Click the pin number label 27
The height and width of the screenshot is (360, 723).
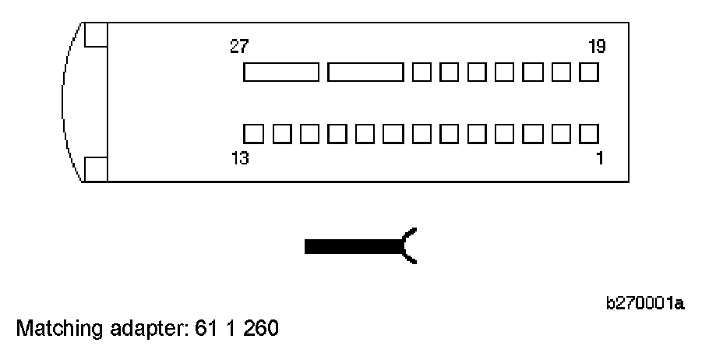point(239,48)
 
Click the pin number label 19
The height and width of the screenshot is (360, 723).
point(597,48)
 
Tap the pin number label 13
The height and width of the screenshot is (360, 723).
point(239,159)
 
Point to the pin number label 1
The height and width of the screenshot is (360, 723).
point(598,159)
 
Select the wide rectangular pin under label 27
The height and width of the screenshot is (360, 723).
point(281,72)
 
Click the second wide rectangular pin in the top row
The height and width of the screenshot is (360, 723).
point(365,72)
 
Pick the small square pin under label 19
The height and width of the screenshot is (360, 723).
point(589,72)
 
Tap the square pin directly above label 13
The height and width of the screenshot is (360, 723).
point(253,133)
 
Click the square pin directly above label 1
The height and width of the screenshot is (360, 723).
point(589,133)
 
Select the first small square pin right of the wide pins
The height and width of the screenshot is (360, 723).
point(421,72)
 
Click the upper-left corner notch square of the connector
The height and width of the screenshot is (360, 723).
point(95,35)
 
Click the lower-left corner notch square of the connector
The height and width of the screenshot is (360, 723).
point(95,168)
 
